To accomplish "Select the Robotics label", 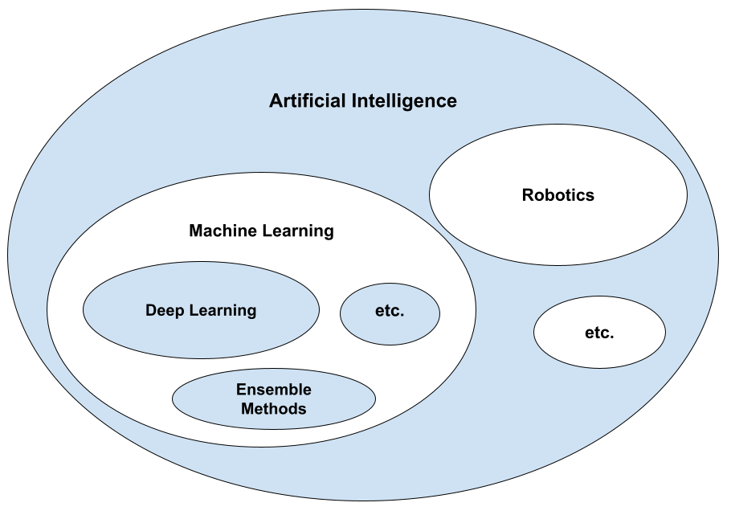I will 558,194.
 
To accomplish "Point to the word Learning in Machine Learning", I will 296,231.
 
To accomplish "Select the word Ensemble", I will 274,390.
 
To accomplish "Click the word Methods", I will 274,409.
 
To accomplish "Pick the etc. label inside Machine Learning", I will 390,312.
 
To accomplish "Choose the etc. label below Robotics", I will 599,332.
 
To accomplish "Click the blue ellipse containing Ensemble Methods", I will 201,399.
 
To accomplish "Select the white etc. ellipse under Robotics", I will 599,349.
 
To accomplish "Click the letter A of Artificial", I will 276,101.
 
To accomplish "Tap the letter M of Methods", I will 248,409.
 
